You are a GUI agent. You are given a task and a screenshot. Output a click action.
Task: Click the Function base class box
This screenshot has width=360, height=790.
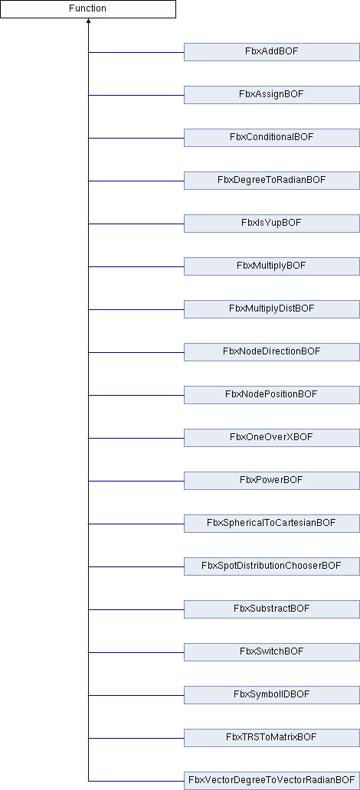pos(88,9)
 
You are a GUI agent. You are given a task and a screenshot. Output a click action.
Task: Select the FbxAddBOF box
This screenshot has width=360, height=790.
pos(272,52)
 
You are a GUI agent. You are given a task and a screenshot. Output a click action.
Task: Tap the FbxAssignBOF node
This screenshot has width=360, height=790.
pos(272,95)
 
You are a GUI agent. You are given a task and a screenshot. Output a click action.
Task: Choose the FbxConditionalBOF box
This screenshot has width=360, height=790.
pos(272,138)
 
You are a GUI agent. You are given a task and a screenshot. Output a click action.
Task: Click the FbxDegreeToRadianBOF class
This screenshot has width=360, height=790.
pos(272,181)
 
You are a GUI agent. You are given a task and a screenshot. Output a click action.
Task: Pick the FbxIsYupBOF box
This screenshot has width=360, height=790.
pos(272,224)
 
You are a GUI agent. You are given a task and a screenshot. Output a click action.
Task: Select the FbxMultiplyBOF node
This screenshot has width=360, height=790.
pos(272,266)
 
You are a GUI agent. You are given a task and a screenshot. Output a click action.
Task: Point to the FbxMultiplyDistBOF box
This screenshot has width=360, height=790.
pos(272,308)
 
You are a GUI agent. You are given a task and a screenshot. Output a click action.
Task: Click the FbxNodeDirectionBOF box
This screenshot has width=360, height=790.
pos(272,351)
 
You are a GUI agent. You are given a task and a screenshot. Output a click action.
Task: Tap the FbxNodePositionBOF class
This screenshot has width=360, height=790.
pos(272,394)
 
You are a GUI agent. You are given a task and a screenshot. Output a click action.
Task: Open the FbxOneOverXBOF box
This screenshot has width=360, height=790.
pos(272,437)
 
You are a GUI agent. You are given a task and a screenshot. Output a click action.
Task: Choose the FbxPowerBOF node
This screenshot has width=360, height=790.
pos(272,480)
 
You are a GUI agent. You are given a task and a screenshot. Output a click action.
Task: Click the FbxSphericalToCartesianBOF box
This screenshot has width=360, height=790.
pos(272,523)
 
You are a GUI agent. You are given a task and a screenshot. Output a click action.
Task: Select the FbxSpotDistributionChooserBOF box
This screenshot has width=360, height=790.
pos(272,566)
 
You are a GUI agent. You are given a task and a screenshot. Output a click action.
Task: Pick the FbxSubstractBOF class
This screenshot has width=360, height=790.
pos(272,609)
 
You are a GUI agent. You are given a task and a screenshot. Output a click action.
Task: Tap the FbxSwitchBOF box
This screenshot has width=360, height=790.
pos(272,651)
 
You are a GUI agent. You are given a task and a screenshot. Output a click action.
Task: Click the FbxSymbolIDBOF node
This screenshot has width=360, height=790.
pos(272,694)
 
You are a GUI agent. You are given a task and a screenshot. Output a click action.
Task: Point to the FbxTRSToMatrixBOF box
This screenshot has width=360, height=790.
pos(272,737)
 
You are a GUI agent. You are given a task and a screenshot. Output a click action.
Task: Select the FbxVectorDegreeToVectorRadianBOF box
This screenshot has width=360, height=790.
pos(272,780)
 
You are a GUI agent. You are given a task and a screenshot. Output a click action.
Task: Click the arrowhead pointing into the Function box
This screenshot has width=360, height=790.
pos(88,21)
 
